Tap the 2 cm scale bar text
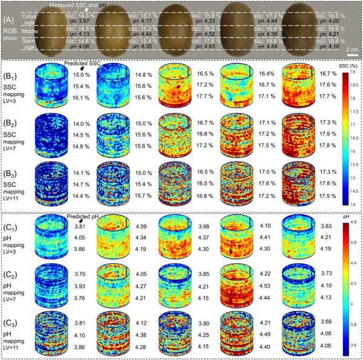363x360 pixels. (350, 47)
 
